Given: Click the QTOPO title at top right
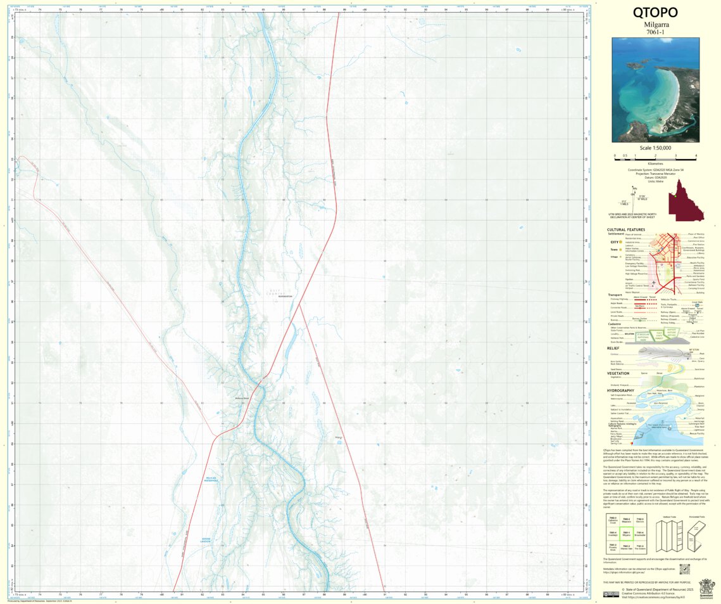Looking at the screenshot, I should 655,13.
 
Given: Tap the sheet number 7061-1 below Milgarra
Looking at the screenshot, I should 655,32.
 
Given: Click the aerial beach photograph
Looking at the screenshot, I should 655,89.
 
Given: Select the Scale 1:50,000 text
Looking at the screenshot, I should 655,147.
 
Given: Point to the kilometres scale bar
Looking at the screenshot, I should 655,157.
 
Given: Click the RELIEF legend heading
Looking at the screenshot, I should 613,348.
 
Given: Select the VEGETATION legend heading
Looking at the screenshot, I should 618,373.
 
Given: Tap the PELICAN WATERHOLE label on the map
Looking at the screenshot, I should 211,479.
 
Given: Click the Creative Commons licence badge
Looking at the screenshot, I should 611,594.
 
